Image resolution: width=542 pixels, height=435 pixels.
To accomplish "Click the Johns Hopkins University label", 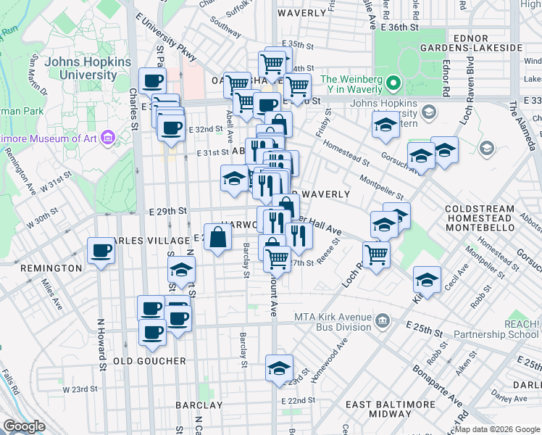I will coord(80,68).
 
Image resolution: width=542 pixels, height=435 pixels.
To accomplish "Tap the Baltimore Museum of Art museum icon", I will coord(109,136).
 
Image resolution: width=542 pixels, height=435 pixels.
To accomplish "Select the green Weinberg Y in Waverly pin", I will coord(393,84).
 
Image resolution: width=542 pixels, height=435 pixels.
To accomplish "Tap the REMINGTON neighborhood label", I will coord(51,268).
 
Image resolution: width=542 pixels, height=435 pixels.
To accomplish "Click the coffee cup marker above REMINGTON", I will coord(101,252).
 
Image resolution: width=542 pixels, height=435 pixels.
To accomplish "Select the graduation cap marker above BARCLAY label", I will coord(279,369).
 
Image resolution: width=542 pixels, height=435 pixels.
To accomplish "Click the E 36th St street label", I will coord(402,27).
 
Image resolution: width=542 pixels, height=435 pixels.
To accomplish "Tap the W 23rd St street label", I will coord(80,389).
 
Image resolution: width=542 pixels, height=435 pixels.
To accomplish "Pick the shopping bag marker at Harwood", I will coord(218,237).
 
